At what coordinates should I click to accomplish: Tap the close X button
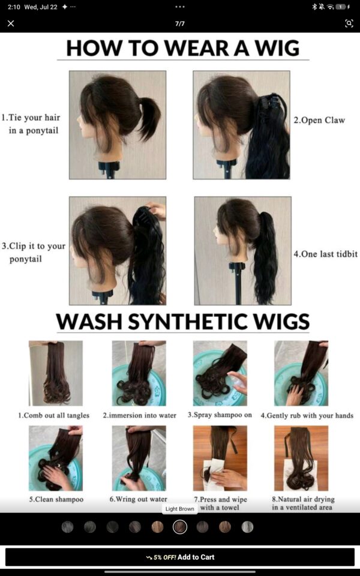tap(11, 23)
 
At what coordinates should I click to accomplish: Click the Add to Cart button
tap(180, 557)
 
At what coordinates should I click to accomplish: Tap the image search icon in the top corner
tap(349, 23)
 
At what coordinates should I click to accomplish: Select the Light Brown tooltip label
tap(179, 509)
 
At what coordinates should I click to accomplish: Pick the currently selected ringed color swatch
tap(180, 527)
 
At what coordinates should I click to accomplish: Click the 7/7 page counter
tap(180, 24)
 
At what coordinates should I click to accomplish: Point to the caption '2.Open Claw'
tap(319, 121)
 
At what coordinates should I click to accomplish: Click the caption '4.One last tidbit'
tap(325, 254)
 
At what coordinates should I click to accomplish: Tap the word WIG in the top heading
tap(277, 48)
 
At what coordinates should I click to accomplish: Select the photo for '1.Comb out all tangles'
tap(56, 373)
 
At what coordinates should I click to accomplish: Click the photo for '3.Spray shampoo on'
tap(220, 373)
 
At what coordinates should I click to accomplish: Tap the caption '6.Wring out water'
tap(139, 499)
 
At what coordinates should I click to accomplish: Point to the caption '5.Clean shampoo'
tap(56, 499)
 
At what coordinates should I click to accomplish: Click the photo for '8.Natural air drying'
tap(301, 458)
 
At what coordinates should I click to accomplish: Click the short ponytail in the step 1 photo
tap(149, 116)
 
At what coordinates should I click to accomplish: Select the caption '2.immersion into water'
tap(140, 415)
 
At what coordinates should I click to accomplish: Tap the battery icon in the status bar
tap(341, 7)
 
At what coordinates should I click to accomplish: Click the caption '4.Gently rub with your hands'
tap(307, 415)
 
